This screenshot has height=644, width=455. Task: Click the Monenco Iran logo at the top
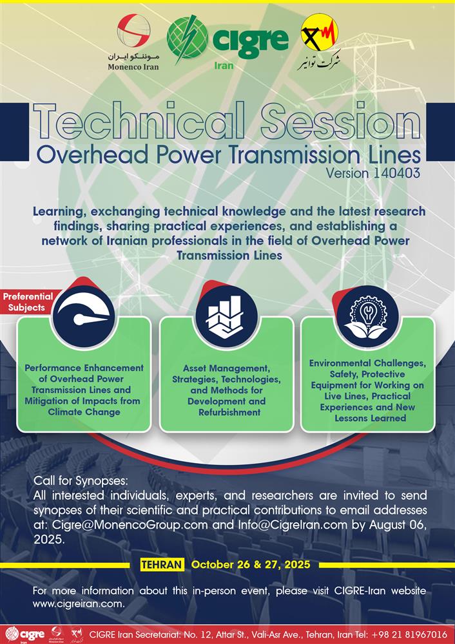(x=133, y=42)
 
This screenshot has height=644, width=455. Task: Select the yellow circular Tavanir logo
(x=320, y=32)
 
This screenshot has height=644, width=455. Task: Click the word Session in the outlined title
(x=340, y=120)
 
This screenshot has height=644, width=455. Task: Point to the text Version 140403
(x=373, y=173)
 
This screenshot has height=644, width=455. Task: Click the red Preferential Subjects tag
(x=28, y=301)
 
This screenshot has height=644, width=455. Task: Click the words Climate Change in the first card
(x=84, y=412)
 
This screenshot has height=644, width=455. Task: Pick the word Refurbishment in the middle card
(x=229, y=412)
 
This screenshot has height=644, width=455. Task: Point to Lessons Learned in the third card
(x=370, y=418)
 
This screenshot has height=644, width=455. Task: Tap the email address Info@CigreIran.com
(x=292, y=525)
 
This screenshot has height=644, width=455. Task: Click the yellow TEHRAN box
(x=162, y=564)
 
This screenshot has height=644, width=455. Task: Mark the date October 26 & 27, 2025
(x=251, y=564)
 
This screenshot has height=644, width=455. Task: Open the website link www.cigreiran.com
(x=79, y=604)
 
